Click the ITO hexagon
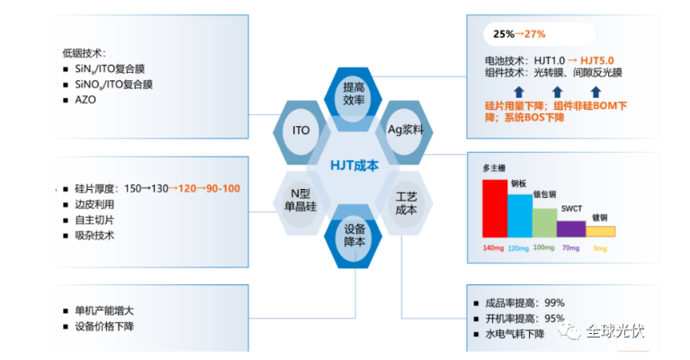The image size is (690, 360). [x=301, y=131]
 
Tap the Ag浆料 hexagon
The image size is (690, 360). [x=405, y=131]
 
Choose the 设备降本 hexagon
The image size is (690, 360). [x=353, y=237]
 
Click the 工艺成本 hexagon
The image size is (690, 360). [x=405, y=202]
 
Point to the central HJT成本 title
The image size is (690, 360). [x=354, y=166]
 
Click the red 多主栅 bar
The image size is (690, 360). [x=495, y=209]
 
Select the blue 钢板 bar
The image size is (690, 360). [x=520, y=216]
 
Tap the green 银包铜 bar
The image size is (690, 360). [x=545, y=222]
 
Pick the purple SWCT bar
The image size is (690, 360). [x=571, y=229]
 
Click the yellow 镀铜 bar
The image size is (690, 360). [x=600, y=231]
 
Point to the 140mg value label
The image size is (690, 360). [x=493, y=248]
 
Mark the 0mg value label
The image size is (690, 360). [x=600, y=248]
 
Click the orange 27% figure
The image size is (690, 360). [x=534, y=34]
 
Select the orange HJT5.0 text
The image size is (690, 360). [x=597, y=60]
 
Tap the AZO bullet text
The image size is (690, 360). [x=85, y=100]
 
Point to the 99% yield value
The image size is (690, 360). [x=554, y=302]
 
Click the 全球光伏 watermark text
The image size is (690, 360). [x=615, y=331]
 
